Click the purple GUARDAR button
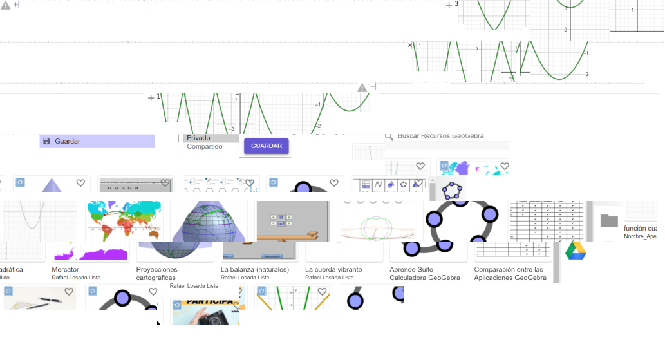(266, 146)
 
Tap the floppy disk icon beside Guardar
(46, 141)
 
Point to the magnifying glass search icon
(389, 137)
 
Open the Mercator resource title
(65, 269)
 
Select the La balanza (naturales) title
(255, 269)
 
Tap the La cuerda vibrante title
(333, 269)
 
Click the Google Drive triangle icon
(576, 252)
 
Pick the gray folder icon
(609, 221)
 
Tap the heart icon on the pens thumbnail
(69, 292)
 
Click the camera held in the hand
(212, 316)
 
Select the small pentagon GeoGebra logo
(453, 190)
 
